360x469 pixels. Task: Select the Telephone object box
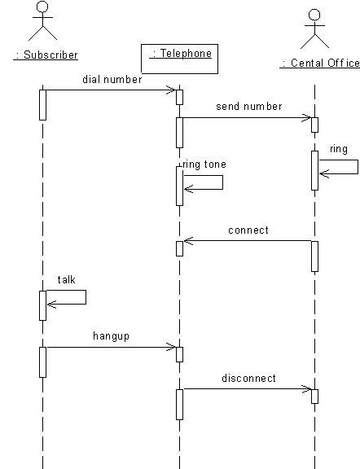click(179, 59)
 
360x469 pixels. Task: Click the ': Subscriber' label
click(46, 55)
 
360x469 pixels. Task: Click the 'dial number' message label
click(112, 80)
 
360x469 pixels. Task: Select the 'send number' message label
click(249, 107)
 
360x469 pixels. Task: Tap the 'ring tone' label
click(204, 164)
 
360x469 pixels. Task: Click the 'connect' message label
click(248, 230)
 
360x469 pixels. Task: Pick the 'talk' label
click(67, 280)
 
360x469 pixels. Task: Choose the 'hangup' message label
click(111, 336)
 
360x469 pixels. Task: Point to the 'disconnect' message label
click(248, 379)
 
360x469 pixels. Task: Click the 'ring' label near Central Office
click(339, 149)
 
